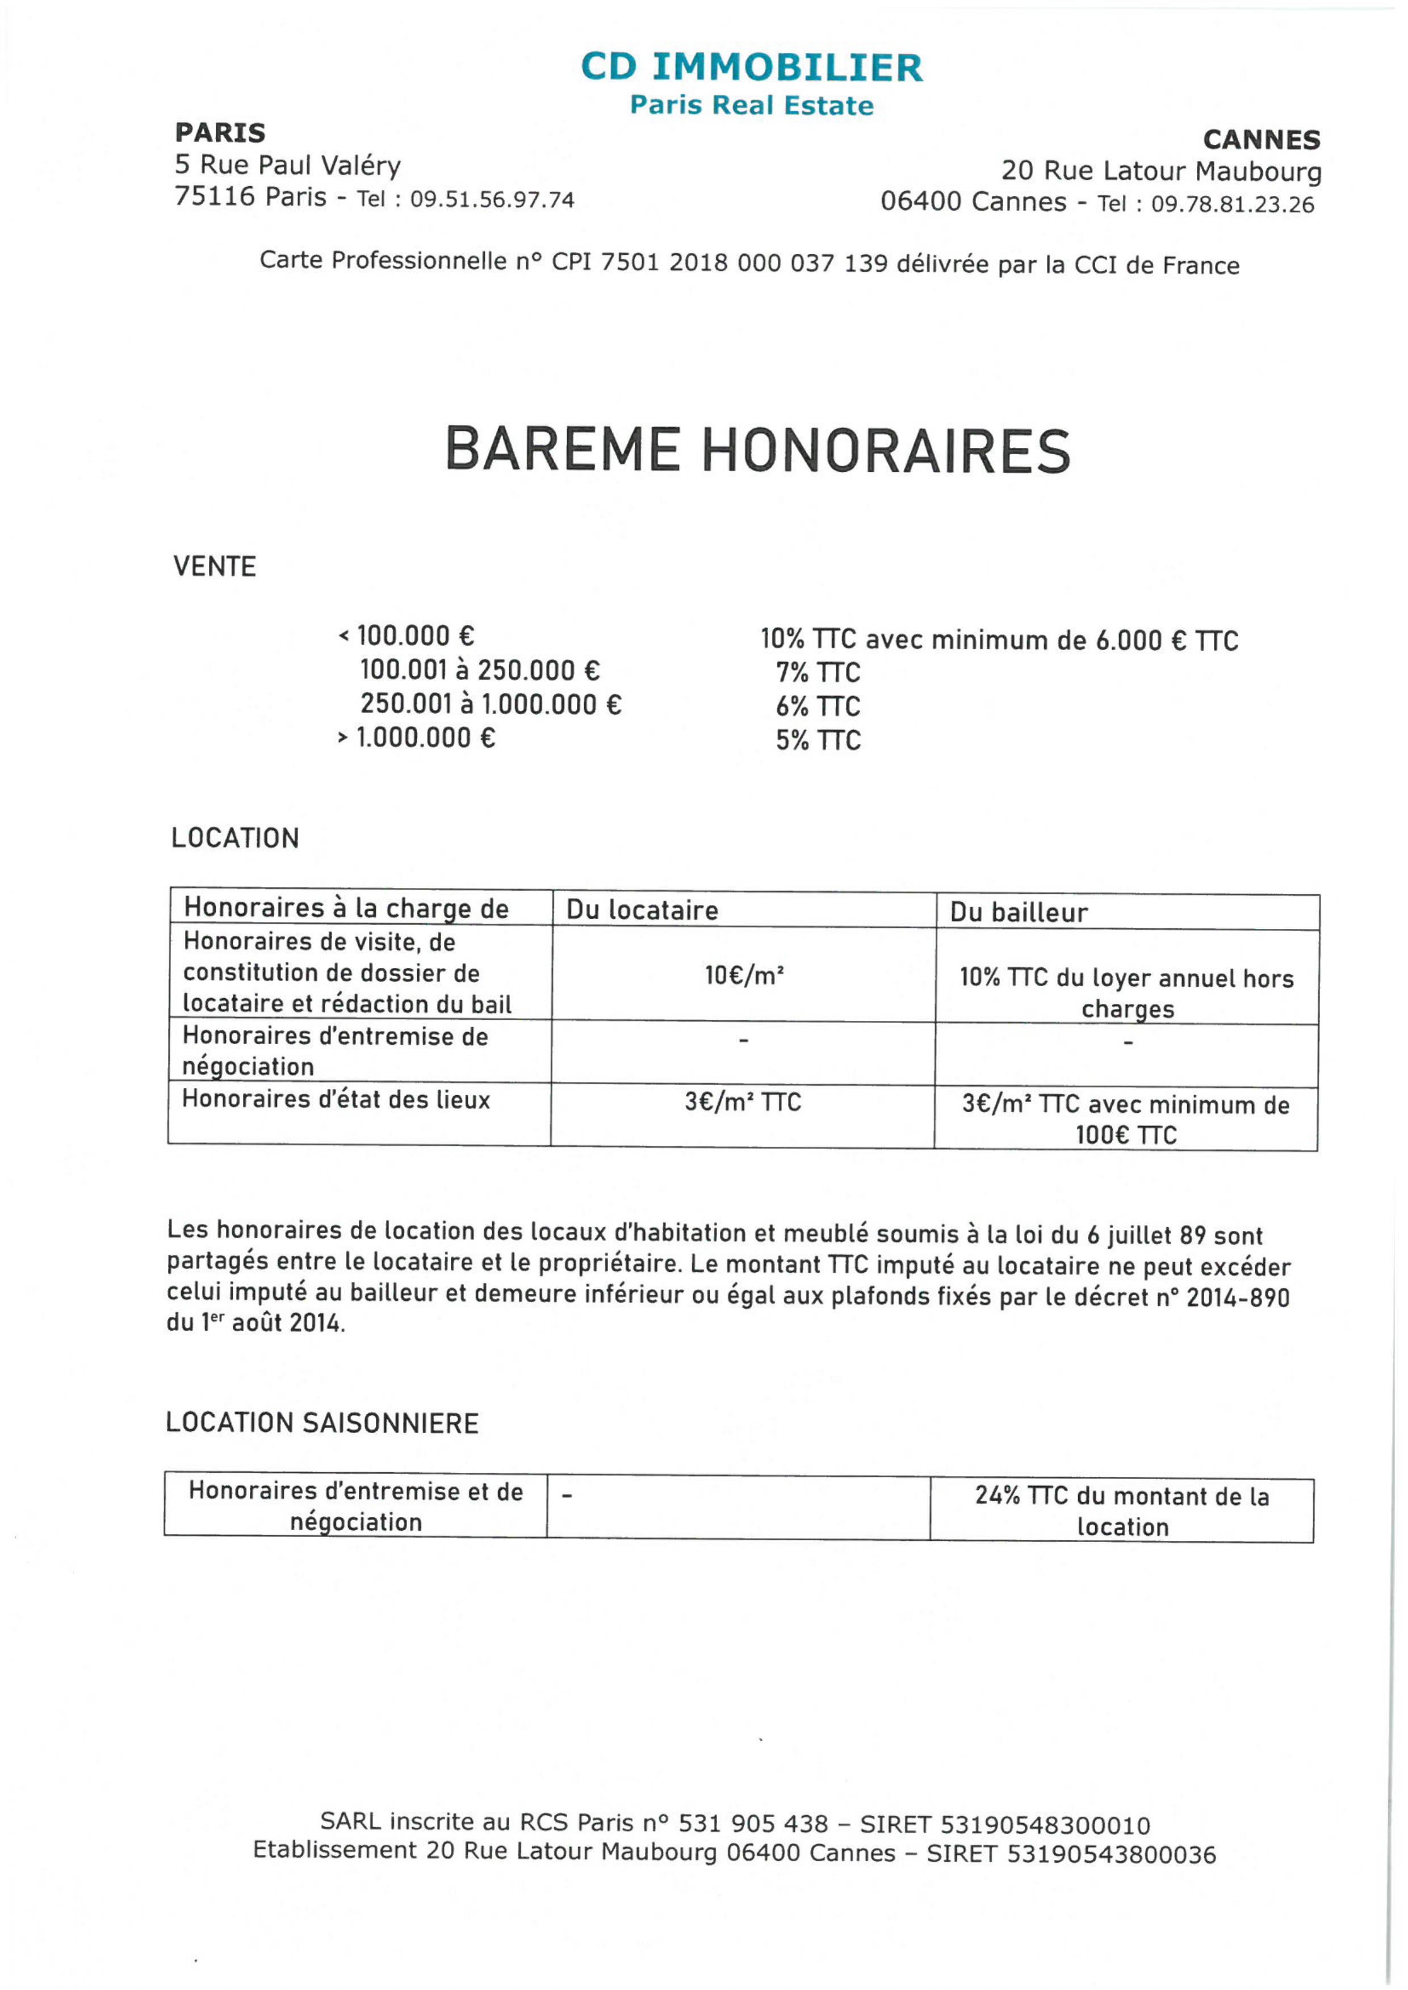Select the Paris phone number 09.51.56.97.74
pyautogui.click(x=492, y=200)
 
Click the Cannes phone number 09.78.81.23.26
pyautogui.click(x=1232, y=204)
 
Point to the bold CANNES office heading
pyautogui.click(x=1262, y=140)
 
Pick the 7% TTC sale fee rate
pyautogui.click(x=818, y=673)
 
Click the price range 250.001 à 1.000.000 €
pyautogui.click(x=491, y=704)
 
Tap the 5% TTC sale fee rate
pyautogui.click(x=818, y=740)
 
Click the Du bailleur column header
pyautogui.click(x=1019, y=912)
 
